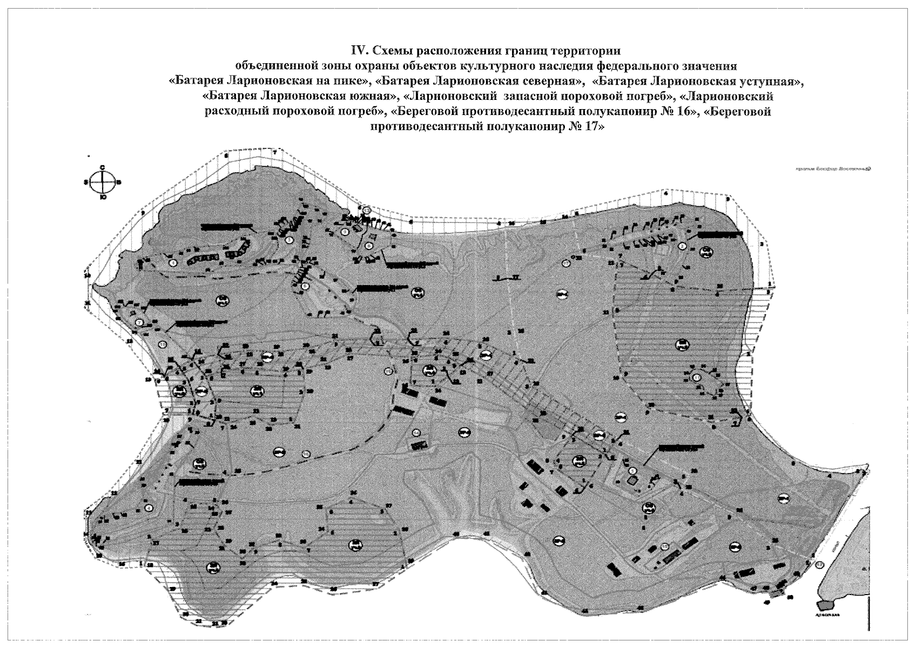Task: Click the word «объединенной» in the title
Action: pyautogui.click(x=279, y=66)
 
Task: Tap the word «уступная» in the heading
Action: pyautogui.click(x=770, y=82)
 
